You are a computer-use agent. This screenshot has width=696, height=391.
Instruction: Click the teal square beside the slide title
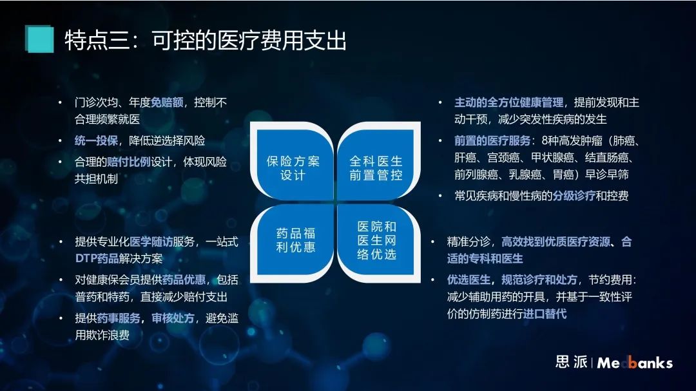coord(39,39)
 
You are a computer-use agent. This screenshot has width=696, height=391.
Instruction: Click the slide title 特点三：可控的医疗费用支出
coord(206,41)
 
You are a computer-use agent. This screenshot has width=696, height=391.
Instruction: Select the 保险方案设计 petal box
coord(293,162)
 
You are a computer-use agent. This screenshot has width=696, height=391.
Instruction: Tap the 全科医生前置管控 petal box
coord(378,162)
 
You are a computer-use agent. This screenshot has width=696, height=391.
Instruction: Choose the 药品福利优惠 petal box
coord(293,242)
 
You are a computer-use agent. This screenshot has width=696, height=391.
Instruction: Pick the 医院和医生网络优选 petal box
coord(378,242)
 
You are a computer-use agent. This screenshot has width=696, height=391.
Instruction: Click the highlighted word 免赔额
coord(167,103)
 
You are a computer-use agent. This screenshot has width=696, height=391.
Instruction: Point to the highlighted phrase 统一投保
coord(96,141)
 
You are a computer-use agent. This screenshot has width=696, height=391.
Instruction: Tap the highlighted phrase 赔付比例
coord(129,162)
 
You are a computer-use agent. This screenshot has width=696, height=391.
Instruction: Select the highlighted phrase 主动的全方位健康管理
coord(508,103)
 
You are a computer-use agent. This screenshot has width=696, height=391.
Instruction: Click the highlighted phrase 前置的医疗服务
coord(492,141)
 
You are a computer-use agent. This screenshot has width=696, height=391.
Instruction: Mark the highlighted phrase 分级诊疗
coord(574,196)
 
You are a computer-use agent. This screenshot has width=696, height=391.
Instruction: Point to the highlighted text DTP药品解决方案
coord(119,259)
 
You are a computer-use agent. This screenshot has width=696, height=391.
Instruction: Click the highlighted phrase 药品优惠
coord(184,280)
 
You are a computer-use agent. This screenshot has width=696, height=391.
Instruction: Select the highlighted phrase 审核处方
coord(173,319)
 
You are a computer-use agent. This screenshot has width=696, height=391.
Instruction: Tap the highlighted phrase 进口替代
coord(545,314)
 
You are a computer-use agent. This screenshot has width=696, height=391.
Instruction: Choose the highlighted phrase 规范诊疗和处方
coord(539,280)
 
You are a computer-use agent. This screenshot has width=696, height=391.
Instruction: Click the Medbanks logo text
coord(635,363)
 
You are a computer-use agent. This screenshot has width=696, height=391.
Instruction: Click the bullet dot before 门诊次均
coord(60,103)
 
